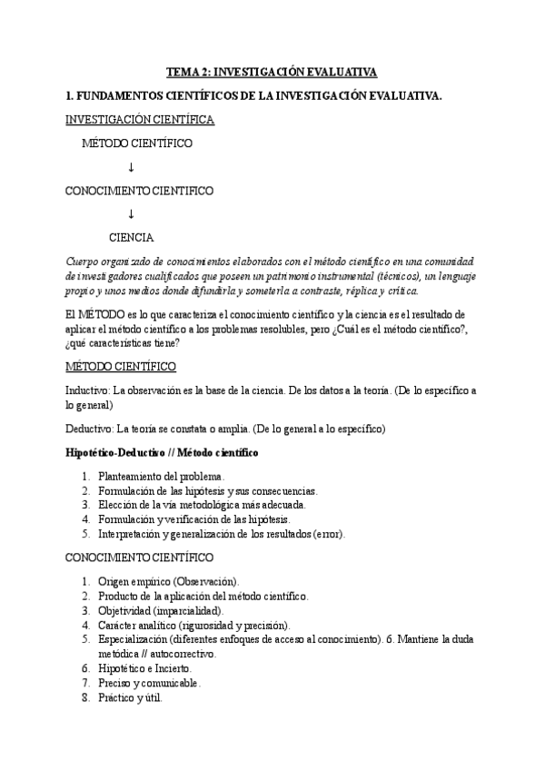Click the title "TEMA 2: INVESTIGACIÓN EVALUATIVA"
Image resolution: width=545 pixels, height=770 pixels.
272,72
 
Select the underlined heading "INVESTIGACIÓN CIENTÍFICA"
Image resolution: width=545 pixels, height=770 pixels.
139,119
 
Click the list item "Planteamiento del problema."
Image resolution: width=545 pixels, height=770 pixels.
161,477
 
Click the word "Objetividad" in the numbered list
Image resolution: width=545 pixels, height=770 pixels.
124,610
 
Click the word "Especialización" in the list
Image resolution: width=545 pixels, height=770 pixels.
134,639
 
